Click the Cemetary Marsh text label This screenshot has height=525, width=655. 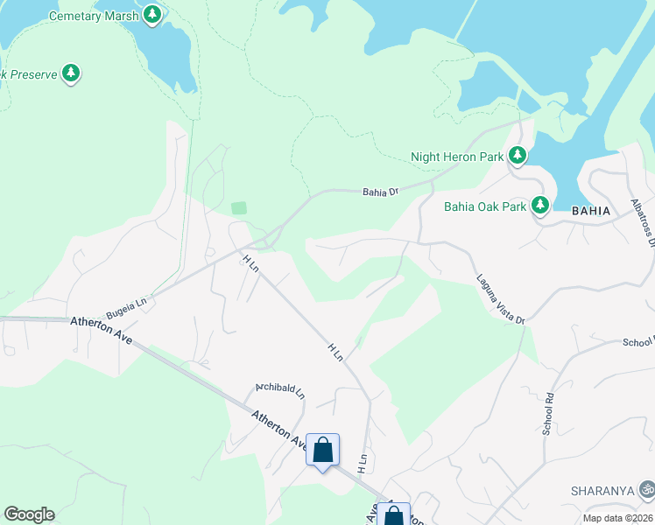click(94, 16)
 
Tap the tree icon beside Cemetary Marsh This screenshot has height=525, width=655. click(152, 15)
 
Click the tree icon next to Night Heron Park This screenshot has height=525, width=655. click(518, 156)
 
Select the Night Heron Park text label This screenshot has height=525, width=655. click(457, 157)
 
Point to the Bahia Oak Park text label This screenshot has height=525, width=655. click(485, 206)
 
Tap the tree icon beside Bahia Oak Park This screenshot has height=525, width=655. click(540, 206)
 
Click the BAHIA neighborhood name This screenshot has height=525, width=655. click(589, 211)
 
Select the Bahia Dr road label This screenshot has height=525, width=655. click(381, 191)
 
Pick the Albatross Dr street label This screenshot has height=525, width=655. click(642, 222)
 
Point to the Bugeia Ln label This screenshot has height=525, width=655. click(126, 306)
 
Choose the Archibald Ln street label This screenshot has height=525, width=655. click(279, 388)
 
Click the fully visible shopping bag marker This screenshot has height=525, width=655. click(322, 451)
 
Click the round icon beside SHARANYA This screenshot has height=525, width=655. click(646, 488)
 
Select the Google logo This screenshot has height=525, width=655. click(29, 514)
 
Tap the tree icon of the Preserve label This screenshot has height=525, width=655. click(71, 74)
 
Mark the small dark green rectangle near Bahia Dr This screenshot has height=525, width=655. click(239, 208)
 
